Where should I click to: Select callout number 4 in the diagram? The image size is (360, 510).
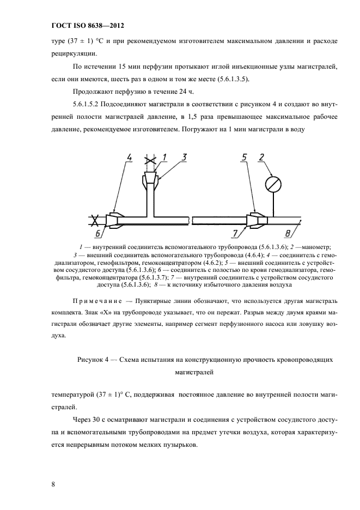point(129,157)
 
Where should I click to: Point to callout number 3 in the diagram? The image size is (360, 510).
point(185,157)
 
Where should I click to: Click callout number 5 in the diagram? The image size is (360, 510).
point(245,157)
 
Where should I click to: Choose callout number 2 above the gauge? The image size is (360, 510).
point(262,157)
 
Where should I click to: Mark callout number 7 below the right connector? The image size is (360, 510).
point(235,234)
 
